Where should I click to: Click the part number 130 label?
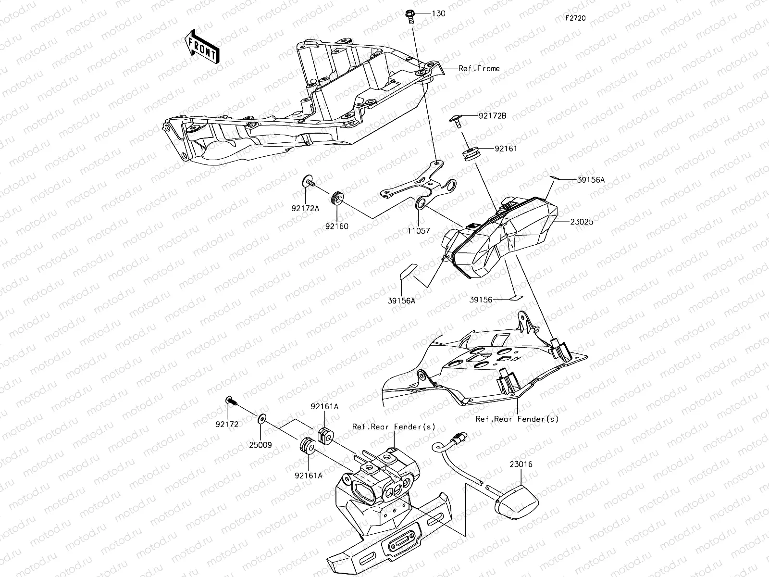(438, 13)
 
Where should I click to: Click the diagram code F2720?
(576, 18)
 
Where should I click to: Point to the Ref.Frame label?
(479, 68)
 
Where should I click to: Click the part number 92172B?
(493, 116)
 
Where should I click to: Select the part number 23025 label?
(583, 223)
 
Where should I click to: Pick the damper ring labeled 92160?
(338, 197)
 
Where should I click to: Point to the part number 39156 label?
(481, 300)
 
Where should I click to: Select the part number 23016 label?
(521, 464)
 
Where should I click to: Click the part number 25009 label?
(260, 445)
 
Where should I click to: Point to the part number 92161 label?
(506, 149)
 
